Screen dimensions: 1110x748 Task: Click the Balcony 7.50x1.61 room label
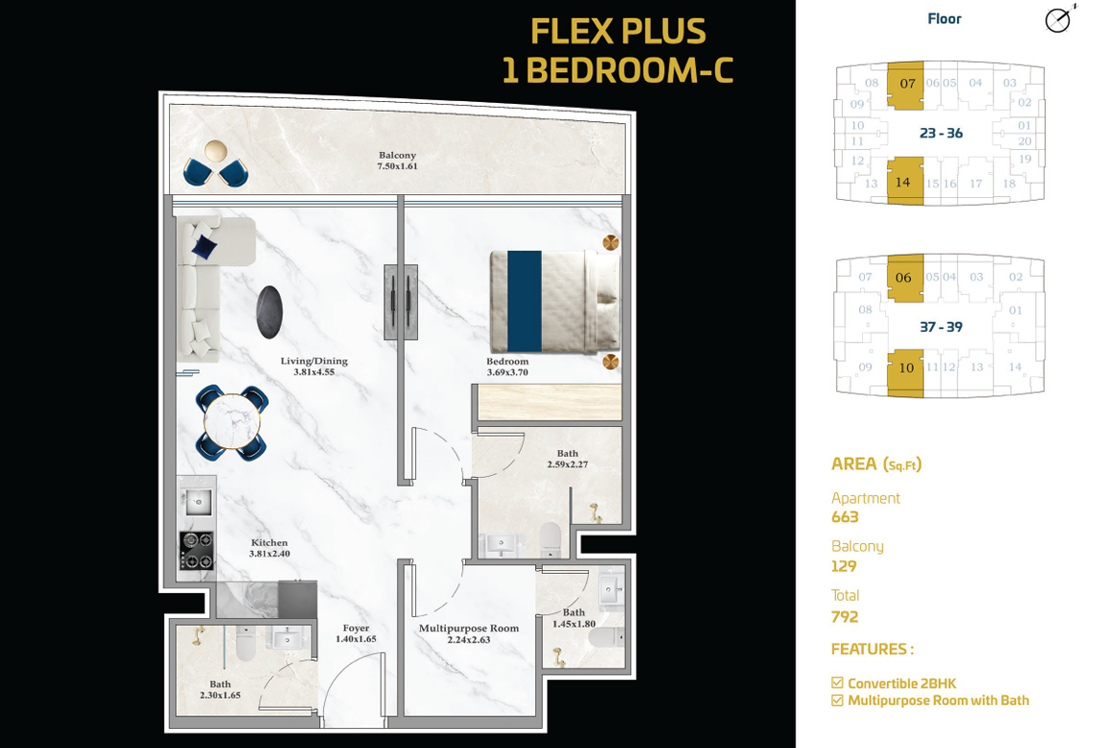(x=397, y=161)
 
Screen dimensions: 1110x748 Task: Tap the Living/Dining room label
(x=313, y=366)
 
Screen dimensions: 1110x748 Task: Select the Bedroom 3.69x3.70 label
(x=506, y=367)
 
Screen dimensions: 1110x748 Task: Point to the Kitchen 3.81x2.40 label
(x=269, y=548)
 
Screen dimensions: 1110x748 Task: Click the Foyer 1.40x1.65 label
(x=356, y=634)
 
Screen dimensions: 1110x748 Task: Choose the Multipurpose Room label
(x=469, y=634)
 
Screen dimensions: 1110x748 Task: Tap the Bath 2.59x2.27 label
(x=567, y=459)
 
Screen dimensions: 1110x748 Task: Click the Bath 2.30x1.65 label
(x=219, y=690)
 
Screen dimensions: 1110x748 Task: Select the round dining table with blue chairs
(x=233, y=422)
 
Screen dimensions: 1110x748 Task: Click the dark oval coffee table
(x=269, y=312)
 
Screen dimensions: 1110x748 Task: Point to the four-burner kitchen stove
(x=196, y=551)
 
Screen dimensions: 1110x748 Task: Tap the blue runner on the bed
(x=524, y=301)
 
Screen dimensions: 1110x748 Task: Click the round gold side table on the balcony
(x=216, y=151)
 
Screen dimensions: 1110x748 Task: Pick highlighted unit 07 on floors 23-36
(x=905, y=85)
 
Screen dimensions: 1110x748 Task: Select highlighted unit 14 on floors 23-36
(x=905, y=182)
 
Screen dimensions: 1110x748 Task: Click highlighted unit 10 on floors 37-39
(x=905, y=372)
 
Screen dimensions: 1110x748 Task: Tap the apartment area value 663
(x=845, y=517)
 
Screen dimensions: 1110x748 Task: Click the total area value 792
(x=845, y=617)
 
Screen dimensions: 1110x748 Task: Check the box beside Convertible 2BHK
(x=837, y=683)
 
